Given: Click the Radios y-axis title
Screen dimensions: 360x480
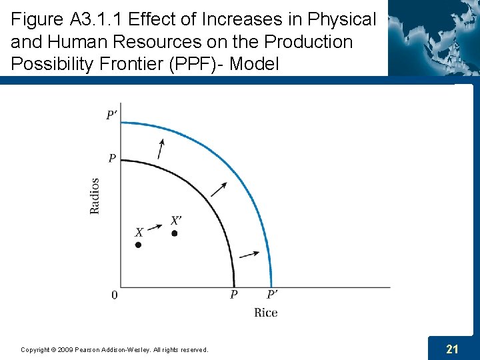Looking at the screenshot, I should [95, 195].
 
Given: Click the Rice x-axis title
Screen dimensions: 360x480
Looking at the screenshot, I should [265, 313].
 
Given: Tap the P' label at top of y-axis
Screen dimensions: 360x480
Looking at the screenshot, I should [112, 115].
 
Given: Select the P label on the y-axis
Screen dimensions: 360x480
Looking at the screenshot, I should [112, 158].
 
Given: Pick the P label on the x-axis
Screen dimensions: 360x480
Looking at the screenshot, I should [233, 295].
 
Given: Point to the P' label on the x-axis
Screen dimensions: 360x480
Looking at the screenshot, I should [273, 295].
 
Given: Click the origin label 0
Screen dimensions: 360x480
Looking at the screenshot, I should [114, 295].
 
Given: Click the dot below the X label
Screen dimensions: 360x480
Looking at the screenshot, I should [138, 245].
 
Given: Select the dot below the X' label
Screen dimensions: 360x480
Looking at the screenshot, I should [174, 233].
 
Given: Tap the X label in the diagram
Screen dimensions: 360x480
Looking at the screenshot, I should [139, 233].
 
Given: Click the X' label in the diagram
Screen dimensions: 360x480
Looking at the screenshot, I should [176, 220].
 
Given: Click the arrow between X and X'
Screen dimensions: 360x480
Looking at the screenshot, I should [155, 227].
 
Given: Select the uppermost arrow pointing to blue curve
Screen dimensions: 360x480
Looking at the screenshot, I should [160, 149].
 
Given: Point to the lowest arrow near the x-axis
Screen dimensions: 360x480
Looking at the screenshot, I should [249, 253].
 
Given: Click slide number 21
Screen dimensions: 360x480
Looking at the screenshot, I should [451, 349].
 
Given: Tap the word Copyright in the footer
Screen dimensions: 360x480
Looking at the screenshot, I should [34, 349].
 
